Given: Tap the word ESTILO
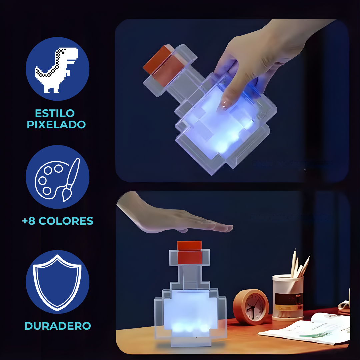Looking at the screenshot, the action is point(55,113).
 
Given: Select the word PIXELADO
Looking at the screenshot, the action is point(56,124).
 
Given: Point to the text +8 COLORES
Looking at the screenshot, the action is point(58,221).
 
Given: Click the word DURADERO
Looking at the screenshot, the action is point(58,326).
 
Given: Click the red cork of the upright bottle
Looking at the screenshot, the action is point(190,252).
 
